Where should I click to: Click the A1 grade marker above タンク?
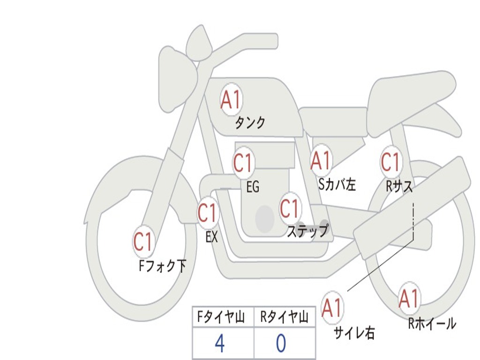[x=231, y=100]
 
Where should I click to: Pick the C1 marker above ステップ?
[x=289, y=208]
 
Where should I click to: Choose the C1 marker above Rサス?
[x=390, y=162]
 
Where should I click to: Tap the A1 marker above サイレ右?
[x=332, y=307]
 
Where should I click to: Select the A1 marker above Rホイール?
[x=408, y=299]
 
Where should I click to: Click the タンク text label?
[x=250, y=123]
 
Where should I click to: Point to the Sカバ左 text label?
[x=337, y=185]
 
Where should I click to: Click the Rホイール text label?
[x=432, y=323]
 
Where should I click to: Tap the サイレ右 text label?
[x=354, y=333]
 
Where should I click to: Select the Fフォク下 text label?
[x=163, y=266]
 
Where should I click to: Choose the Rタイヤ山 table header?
[x=285, y=318]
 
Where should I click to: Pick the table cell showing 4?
[x=220, y=344]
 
